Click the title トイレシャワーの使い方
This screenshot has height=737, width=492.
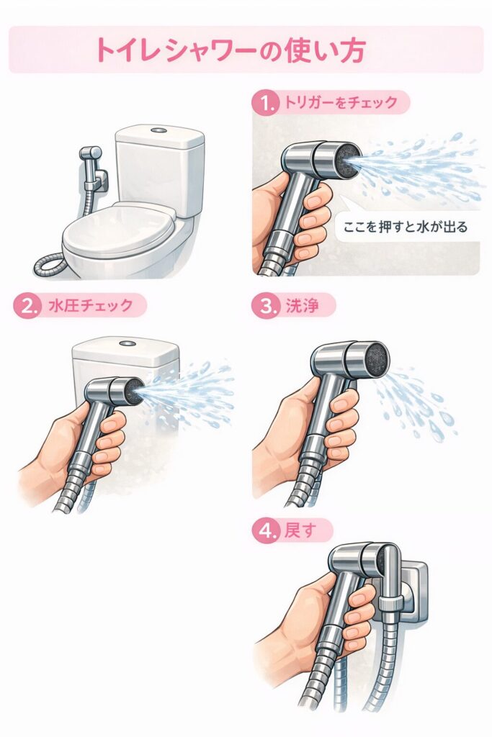pos(231,50)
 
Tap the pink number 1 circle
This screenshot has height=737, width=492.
pos(267,103)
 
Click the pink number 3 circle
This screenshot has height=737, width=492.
pos(267,306)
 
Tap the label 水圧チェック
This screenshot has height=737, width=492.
pos(91,305)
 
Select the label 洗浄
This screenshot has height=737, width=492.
pos(302,306)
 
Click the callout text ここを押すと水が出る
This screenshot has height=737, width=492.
pos(406,227)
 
